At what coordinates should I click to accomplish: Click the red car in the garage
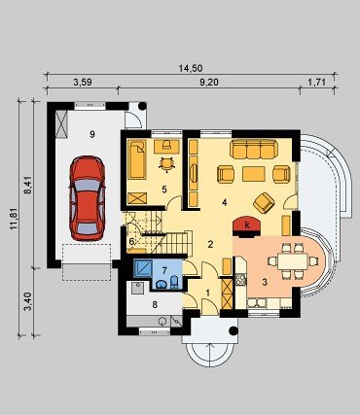coord(87,198)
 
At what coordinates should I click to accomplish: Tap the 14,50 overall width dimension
coord(191,68)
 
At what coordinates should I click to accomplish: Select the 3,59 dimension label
coord(83,83)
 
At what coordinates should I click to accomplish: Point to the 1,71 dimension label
coord(316,83)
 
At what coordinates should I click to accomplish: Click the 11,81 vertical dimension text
coord(14,219)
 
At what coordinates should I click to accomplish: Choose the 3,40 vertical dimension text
coord(28,301)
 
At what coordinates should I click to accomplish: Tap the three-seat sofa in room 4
coord(254,149)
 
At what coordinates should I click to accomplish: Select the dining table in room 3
coord(293,261)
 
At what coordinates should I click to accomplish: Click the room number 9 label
coord(92,134)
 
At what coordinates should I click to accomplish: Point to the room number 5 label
coord(164,190)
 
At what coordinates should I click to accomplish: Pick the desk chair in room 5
coord(166,164)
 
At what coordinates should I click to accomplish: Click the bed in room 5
coord(137,159)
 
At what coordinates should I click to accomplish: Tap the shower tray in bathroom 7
coord(143,268)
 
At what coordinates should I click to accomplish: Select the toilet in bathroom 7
coord(174,283)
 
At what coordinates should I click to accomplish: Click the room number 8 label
coord(155,304)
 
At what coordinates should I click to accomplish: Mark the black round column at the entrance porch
coord(234,330)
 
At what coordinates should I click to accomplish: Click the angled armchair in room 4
coord(264,203)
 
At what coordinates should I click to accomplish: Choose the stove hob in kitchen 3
coord(240,280)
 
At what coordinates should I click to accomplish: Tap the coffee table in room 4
coord(254,174)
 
